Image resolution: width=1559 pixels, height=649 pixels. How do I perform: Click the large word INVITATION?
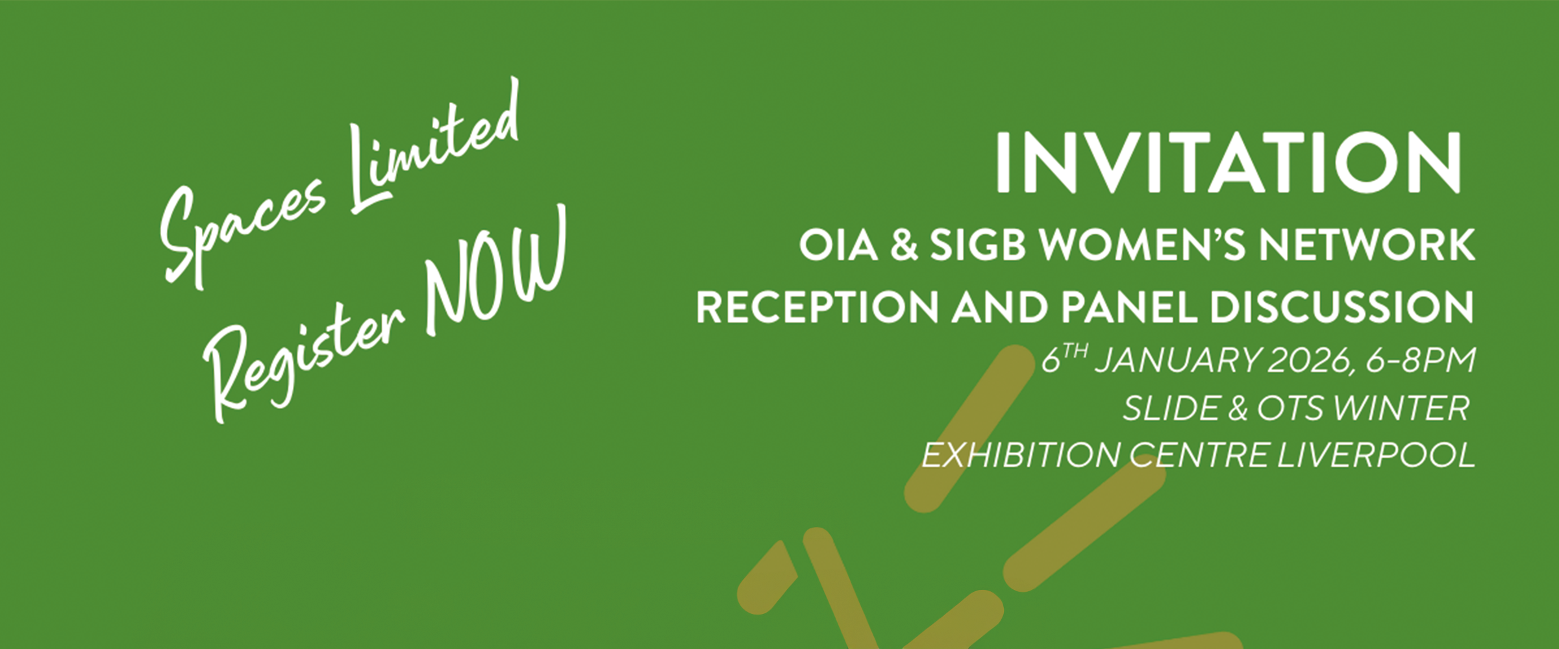pos(1227,163)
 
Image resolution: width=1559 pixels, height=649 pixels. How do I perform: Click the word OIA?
pos(838,246)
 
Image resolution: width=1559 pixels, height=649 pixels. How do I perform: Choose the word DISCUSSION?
pos(1341,307)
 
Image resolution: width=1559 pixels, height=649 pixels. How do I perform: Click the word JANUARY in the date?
pos(1176,361)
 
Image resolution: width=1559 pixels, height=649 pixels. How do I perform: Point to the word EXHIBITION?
pos(1019,455)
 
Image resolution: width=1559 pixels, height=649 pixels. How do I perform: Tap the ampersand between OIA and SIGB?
pos(904,246)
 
